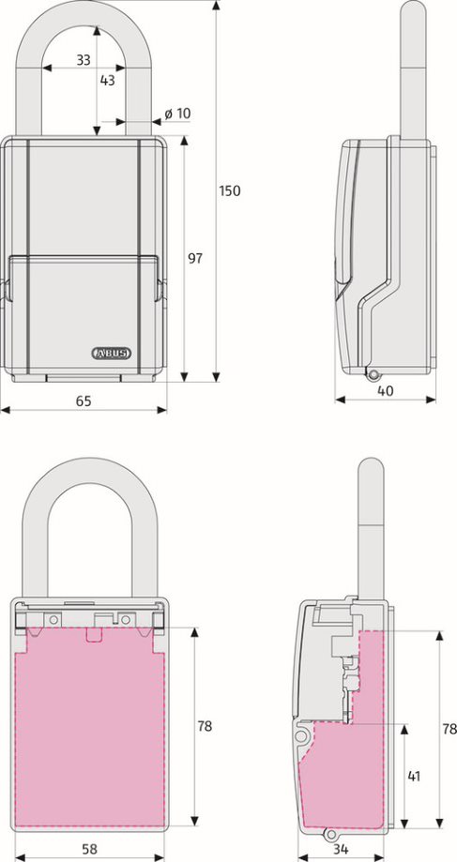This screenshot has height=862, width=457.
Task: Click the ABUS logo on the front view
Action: (x=111, y=353)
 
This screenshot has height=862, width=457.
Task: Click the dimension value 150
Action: (x=230, y=190)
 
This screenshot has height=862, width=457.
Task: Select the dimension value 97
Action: (x=195, y=258)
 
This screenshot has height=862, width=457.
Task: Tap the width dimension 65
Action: (x=84, y=401)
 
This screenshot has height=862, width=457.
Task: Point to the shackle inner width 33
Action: (x=83, y=60)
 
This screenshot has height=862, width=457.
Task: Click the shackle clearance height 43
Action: (x=107, y=81)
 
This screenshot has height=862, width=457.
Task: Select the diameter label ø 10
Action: (x=177, y=113)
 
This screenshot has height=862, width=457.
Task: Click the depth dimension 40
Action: (x=386, y=390)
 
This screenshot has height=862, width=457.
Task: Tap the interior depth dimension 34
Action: (x=342, y=849)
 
